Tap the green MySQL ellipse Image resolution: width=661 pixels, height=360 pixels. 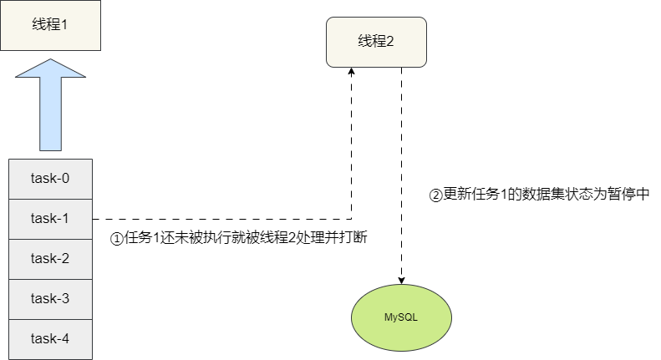click(400, 318)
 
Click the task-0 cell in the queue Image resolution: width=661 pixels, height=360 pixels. click(50, 178)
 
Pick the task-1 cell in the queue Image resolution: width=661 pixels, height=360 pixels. click(50, 218)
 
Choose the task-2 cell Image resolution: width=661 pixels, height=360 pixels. click(50, 258)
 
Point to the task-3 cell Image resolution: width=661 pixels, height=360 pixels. click(50, 298)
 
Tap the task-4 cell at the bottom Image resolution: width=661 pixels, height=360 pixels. click(50, 338)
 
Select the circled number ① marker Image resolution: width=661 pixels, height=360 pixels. click(117, 238)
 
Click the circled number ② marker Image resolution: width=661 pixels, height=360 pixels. click(435, 195)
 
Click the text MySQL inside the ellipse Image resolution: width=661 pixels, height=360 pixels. click(400, 318)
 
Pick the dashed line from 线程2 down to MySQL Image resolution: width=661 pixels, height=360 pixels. click(402, 167)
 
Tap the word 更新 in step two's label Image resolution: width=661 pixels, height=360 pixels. click(455, 194)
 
